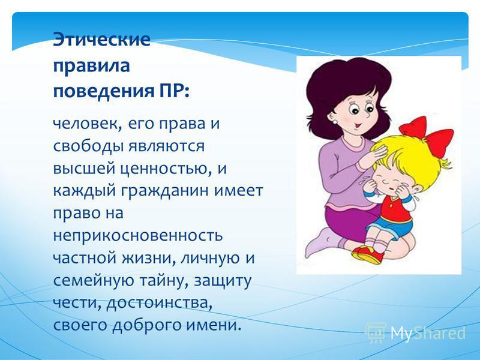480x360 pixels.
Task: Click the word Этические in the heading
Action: (x=101, y=40)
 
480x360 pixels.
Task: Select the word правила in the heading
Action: (x=92, y=66)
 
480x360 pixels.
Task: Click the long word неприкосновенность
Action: (x=138, y=236)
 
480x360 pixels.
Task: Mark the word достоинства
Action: (x=159, y=303)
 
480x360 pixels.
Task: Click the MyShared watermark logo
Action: (x=416, y=332)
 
